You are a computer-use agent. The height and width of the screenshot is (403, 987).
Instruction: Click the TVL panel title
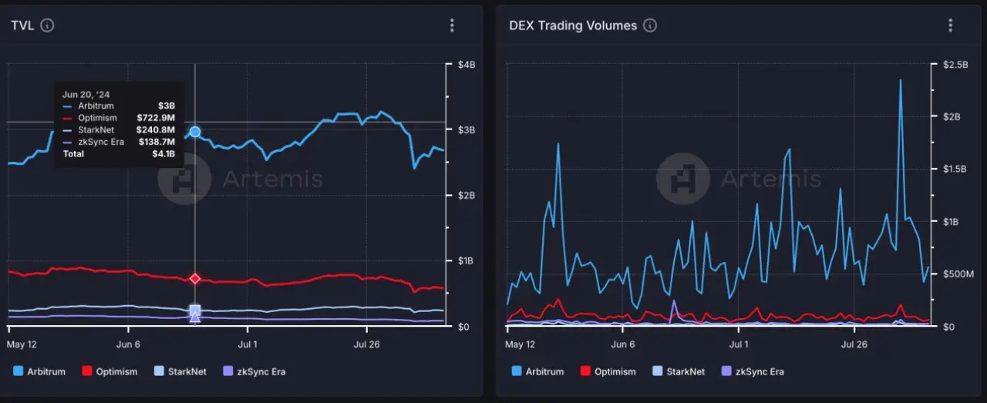pos(22,25)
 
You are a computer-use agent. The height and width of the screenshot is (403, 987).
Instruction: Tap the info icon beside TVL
pos(47,25)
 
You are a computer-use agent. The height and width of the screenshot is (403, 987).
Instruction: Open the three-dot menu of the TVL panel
pos(452,25)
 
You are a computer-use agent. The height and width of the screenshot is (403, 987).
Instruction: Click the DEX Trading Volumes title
pos(573,25)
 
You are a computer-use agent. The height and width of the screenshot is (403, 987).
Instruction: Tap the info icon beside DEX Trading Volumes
pos(650,25)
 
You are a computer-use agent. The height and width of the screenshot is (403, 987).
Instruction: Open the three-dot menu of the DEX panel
pos(950,25)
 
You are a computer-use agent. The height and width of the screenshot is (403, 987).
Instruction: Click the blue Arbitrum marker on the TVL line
pos(195,132)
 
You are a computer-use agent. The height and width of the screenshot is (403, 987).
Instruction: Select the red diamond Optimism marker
pos(195,278)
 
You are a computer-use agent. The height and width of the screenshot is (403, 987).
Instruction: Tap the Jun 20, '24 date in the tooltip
pos(86,94)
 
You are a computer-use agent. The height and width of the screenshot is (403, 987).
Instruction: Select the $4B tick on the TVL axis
pos(466,65)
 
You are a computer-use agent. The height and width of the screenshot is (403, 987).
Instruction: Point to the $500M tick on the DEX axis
pos(958,274)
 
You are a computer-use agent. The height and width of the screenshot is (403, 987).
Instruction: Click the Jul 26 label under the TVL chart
pos(368,344)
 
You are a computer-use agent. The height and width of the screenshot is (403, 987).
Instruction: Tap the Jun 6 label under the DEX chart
pos(623,344)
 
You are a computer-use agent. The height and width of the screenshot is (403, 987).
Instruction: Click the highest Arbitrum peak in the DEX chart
pos(900,80)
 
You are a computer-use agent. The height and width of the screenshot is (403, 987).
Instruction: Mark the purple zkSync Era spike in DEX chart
pos(673,301)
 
